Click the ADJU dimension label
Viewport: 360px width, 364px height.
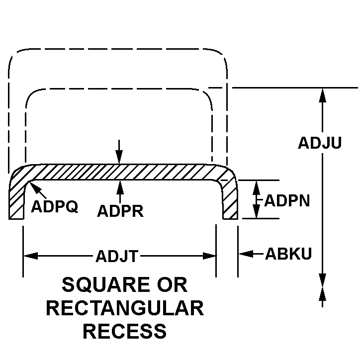(x=319, y=143)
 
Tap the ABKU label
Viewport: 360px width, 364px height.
(x=288, y=254)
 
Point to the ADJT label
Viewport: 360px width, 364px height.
(x=116, y=256)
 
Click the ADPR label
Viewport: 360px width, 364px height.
(x=120, y=211)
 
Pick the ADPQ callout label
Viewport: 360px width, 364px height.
(x=55, y=206)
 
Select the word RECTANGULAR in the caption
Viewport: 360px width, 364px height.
(x=125, y=308)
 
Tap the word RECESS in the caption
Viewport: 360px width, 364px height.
(x=125, y=330)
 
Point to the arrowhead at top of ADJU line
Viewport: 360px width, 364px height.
(x=323, y=94)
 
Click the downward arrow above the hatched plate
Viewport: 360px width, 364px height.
(x=119, y=159)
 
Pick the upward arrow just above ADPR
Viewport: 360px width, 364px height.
(x=119, y=186)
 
